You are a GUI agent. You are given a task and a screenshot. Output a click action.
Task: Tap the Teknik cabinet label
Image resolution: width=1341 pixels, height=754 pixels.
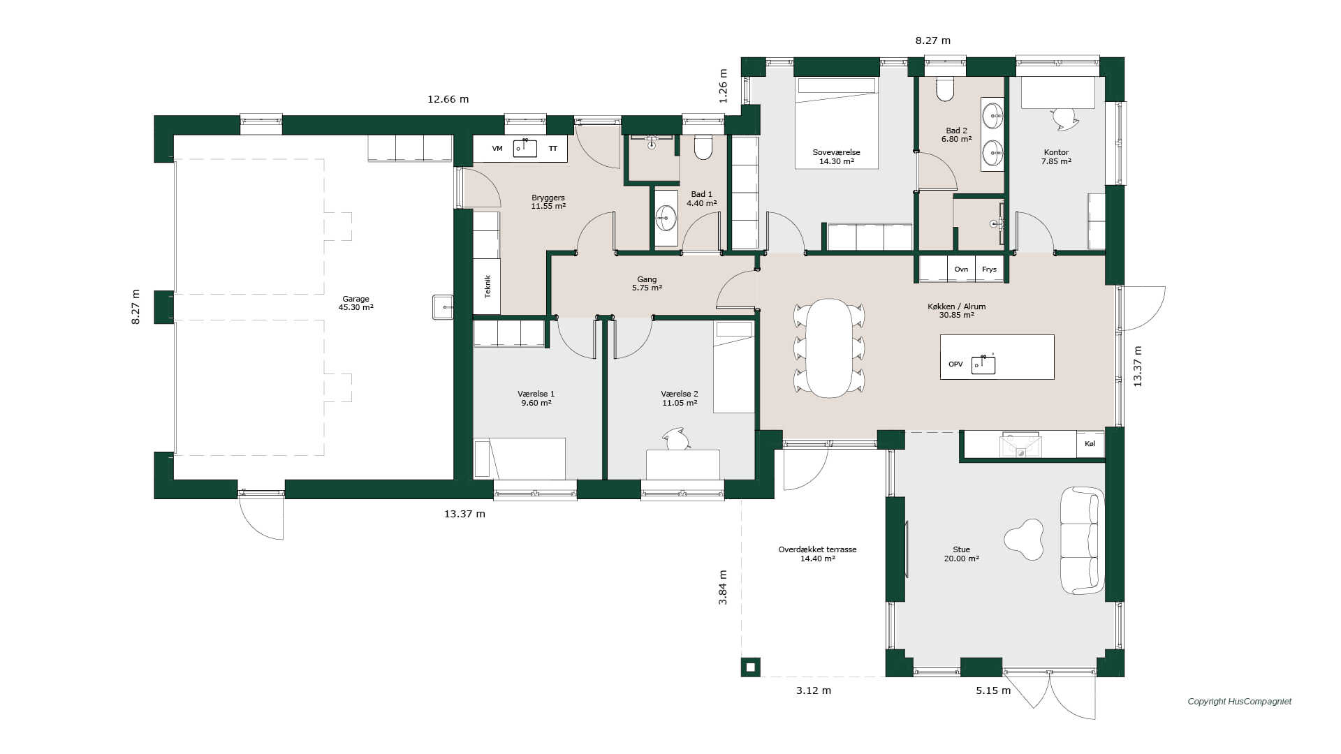coord(488,286)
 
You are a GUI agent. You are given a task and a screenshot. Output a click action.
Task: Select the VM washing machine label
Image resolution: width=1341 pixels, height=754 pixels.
coord(497,149)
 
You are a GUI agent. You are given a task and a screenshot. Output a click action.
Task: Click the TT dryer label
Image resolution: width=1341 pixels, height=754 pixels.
coord(553,149)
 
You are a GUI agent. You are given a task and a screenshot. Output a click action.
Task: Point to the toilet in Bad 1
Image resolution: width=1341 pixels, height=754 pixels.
coord(703,147)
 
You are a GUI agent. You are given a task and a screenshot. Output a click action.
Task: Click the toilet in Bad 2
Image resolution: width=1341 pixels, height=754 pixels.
coord(944,89)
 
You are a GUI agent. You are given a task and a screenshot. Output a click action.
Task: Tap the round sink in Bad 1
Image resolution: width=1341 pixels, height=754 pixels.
coord(666,218)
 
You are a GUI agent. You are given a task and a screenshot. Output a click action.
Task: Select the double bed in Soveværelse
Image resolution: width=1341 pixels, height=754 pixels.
coord(835,123)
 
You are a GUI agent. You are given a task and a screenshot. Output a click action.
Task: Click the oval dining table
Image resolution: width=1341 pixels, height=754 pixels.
coord(829,348)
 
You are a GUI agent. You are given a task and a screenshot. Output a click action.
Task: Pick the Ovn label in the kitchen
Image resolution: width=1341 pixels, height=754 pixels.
coord(961,269)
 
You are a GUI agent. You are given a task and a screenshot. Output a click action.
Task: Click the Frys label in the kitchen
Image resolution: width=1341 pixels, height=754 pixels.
coord(989,269)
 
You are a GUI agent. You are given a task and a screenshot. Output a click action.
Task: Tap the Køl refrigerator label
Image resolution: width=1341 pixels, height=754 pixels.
coord(1090,444)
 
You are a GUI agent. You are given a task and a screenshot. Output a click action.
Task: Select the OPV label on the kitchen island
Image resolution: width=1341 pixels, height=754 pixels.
coord(955,364)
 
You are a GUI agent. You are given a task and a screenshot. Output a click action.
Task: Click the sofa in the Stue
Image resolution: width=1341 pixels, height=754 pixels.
coord(1082,540)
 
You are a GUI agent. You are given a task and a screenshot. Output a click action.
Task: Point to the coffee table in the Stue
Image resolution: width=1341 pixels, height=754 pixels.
coord(1024,539)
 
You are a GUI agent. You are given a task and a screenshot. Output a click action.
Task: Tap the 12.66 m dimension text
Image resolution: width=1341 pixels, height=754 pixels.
coord(448,99)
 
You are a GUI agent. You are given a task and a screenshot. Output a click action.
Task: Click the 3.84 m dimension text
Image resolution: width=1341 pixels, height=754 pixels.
coord(723,587)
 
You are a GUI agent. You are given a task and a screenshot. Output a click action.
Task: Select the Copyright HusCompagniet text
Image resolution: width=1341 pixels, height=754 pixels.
coord(1240,702)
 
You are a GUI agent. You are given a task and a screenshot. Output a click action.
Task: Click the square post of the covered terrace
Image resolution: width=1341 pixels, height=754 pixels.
coord(751,667)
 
